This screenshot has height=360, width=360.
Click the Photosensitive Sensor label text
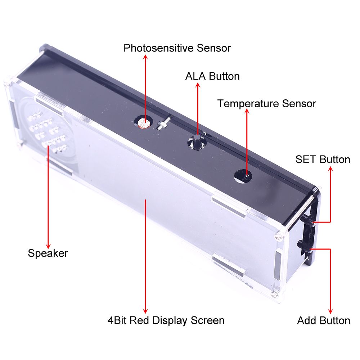tap(177, 48)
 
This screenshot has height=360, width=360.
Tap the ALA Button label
tap(212, 76)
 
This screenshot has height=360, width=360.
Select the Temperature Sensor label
tap(266, 104)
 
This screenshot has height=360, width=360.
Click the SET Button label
tap(323, 159)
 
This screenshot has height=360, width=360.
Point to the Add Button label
tap(324, 320)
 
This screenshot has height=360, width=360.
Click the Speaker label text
tap(48, 253)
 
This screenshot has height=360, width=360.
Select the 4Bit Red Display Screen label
tap(166, 320)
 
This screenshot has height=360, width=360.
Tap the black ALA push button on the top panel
tap(197, 142)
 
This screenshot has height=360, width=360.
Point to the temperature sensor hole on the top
tap(243, 176)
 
